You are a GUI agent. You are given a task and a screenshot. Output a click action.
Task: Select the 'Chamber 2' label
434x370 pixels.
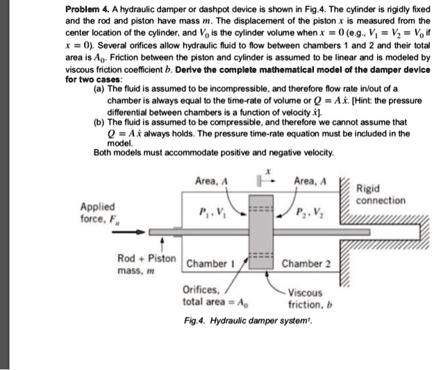pos(306,264)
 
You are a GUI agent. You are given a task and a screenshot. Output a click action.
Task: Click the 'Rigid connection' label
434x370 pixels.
pos(380,194)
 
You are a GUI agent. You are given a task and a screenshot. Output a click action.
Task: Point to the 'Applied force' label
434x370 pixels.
pos(99,212)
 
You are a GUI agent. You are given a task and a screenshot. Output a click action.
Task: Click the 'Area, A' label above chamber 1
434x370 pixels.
pos(212,182)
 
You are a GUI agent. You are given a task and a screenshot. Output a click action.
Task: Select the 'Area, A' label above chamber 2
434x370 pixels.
pos(310,182)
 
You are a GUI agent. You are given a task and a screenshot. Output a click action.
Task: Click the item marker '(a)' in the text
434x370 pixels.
pos(100,90)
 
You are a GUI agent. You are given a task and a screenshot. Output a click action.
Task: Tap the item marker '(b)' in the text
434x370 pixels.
pos(100,119)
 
